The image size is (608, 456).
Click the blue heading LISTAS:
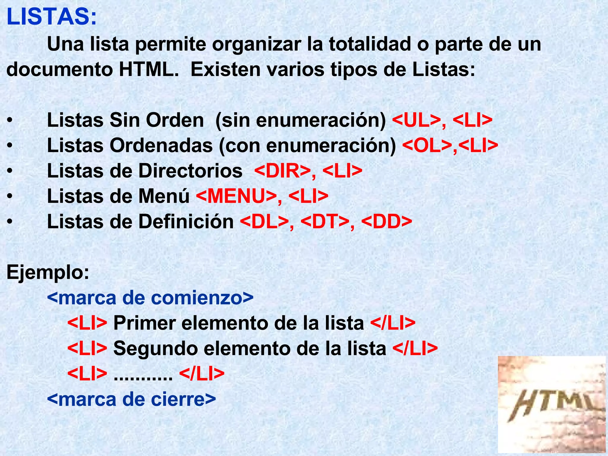pos(52,17)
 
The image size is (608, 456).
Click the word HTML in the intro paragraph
pos(149,69)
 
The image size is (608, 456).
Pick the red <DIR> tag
pos(282,171)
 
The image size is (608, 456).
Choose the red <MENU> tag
pos(236,196)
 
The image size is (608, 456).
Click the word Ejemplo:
pos(48,272)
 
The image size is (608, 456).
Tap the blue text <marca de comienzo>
pos(150,298)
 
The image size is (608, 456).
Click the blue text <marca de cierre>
pos(131,399)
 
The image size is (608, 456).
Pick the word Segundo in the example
pos(155,349)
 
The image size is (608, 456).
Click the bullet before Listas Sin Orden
pos(10,121)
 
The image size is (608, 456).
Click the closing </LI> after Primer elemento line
pos(393,323)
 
